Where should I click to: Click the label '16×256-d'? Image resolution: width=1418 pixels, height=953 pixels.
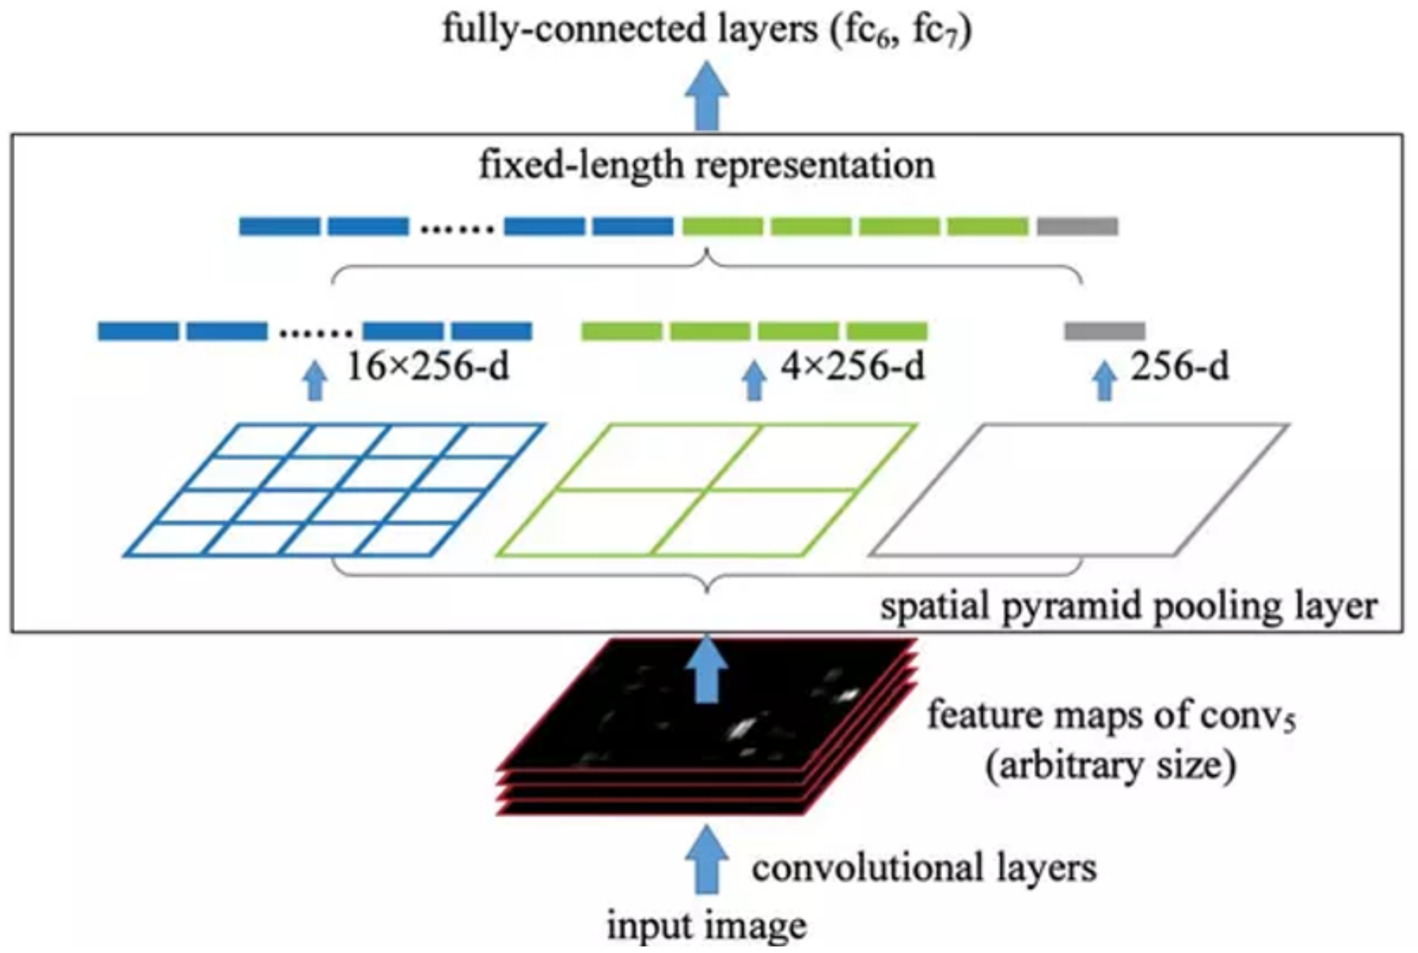427,367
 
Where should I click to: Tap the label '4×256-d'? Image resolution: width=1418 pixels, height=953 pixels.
852,367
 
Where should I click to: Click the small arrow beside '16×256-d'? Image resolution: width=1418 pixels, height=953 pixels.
314,381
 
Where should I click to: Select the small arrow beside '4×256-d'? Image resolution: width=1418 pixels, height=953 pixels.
754,381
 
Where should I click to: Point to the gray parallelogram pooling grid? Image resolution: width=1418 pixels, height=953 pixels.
1079,490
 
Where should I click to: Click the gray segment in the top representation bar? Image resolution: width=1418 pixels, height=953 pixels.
1077,226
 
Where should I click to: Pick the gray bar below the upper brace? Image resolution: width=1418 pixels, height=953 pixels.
1105,331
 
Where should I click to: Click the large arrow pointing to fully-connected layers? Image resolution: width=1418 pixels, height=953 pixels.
707,96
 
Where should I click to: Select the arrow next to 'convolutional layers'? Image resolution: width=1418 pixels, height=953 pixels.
707,859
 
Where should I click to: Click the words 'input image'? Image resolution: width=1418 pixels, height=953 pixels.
707,925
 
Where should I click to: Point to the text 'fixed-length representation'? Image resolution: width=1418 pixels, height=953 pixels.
707,165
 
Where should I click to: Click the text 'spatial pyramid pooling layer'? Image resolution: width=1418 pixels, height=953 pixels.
1129,606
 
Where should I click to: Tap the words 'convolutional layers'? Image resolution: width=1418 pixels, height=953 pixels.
923,868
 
